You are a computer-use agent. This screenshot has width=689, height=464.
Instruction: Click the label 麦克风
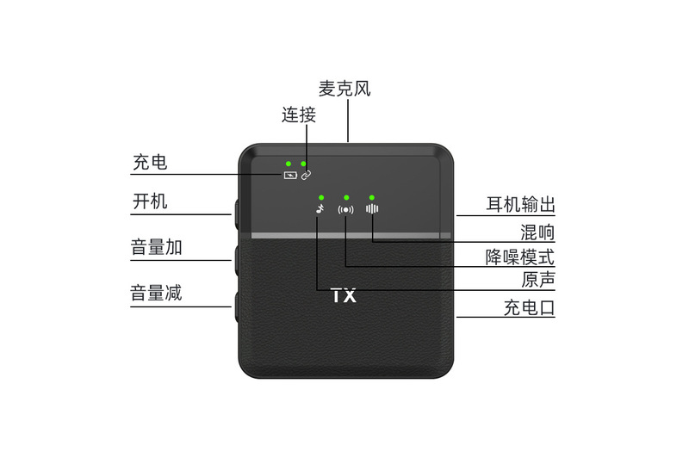coord(344,89)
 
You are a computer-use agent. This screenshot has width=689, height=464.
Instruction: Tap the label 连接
coord(299,115)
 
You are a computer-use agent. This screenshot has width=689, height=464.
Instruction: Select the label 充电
coord(150,162)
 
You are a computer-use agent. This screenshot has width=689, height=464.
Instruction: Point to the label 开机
coord(150,201)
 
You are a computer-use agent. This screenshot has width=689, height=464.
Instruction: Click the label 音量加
coord(156,248)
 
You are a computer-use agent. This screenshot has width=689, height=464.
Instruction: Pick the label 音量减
coord(156,293)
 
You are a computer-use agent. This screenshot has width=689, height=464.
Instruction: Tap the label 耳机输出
coord(520,205)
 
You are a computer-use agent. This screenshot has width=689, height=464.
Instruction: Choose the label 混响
coord(537,232)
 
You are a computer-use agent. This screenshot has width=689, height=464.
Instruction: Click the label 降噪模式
coord(520,257)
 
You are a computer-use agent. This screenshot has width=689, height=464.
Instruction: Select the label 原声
coord(537,280)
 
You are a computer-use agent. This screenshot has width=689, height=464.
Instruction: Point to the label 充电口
coord(529,307)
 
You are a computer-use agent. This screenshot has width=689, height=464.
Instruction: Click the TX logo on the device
coord(344,296)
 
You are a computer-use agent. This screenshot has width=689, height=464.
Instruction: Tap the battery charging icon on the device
coord(290,175)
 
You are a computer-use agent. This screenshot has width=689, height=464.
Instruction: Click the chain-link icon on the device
coord(306,174)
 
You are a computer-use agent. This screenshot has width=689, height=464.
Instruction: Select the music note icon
coord(320,208)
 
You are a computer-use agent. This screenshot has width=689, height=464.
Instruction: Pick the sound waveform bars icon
coord(372,208)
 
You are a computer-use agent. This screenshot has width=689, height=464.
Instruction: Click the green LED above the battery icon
coord(289,162)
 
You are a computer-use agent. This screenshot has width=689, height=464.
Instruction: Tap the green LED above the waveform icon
coord(372,196)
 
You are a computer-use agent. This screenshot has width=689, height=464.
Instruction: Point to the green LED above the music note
coord(320,196)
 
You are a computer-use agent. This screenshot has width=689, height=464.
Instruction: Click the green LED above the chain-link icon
coord(304,162)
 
